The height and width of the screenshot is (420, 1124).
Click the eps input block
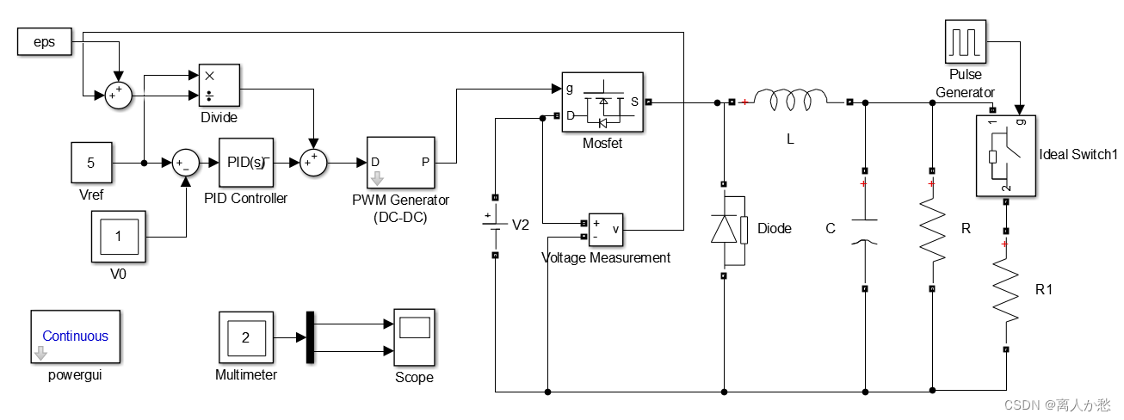coord(44,41)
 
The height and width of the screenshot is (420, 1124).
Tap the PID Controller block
coord(246,163)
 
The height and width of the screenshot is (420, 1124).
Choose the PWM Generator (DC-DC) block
coord(401,162)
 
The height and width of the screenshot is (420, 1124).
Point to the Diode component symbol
coord(725,229)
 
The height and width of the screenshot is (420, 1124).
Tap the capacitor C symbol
coord(864,230)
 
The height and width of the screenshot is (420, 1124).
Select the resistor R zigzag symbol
coord(933,230)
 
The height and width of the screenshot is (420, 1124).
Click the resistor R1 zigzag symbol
coord(1005,290)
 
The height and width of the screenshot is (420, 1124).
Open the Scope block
coord(414,337)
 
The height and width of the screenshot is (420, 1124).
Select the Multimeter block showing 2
coord(246,337)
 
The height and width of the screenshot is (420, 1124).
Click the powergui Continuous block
coord(76,337)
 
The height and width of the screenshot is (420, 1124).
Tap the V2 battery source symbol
coord(495,225)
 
